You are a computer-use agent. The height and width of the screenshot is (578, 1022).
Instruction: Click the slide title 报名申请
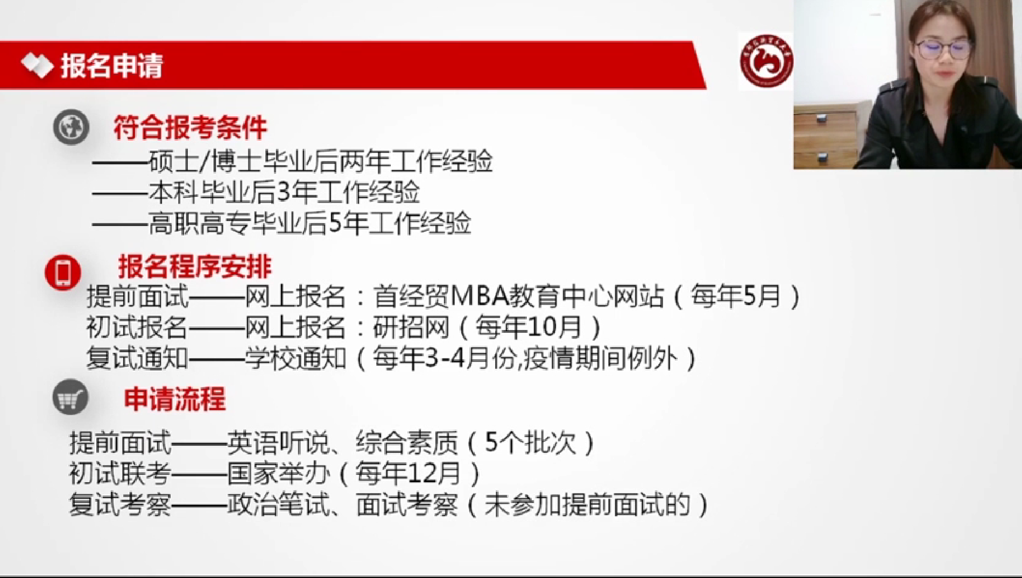(112, 67)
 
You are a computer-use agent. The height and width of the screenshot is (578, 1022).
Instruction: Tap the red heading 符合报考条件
(190, 128)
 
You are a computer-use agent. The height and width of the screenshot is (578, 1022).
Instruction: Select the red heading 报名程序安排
(195, 267)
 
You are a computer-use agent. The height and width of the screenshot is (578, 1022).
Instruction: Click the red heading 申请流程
(175, 399)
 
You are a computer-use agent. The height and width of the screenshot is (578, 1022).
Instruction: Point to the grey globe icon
(71, 127)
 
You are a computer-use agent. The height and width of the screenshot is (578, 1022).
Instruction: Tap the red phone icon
(63, 273)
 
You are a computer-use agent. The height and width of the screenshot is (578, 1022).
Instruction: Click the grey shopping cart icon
(71, 398)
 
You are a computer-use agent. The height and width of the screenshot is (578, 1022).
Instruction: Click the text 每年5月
(736, 296)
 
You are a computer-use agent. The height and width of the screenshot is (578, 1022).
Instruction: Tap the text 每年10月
(528, 327)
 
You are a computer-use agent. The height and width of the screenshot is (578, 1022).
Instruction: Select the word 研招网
(411, 327)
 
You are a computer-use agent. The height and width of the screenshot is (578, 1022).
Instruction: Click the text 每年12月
(408, 474)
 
